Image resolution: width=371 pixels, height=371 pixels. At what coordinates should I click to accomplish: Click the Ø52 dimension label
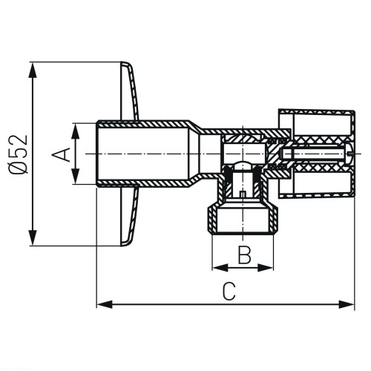coord(18,154)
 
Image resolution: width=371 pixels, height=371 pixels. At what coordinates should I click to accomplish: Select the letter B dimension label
coord(244,255)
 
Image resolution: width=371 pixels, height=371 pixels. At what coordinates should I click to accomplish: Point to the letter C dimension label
coord(229,292)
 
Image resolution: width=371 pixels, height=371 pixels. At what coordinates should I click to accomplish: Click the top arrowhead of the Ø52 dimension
coord(33,70)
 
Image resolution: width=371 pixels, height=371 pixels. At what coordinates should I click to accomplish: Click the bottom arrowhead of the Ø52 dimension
coord(33,237)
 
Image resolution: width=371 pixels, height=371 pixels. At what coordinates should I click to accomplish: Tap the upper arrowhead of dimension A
coord(76,131)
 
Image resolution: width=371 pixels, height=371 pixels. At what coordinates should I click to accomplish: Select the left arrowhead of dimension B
coord(220,267)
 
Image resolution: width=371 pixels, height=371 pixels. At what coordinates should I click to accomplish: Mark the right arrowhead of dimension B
coord(266,267)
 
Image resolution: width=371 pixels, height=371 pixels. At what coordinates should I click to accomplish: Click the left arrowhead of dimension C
coord(105,304)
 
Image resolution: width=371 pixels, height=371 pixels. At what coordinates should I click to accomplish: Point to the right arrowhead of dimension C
coord(347,304)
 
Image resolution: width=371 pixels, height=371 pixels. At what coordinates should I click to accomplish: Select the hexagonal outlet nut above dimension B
coord(243,220)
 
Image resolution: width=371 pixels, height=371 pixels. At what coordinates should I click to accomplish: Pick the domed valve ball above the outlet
coord(243,165)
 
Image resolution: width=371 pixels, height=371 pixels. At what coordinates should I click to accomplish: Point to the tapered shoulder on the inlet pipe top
coord(195,125)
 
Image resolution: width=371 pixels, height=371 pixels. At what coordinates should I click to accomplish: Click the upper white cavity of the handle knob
coord(322,124)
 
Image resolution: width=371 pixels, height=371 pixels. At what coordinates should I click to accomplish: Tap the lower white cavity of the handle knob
coord(322,183)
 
